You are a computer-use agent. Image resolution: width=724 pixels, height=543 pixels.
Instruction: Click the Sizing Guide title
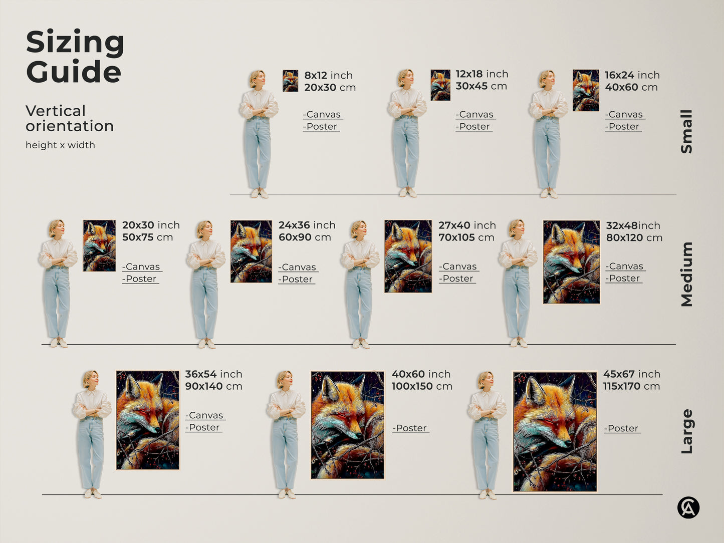click(x=75, y=57)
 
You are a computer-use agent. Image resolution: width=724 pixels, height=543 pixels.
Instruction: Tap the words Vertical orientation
click(x=70, y=118)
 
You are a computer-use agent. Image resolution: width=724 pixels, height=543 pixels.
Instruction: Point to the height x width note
click(x=60, y=145)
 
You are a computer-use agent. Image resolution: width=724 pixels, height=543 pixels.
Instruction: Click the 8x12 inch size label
click(x=328, y=75)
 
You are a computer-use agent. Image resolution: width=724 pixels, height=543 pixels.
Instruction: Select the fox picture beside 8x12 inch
click(x=290, y=81)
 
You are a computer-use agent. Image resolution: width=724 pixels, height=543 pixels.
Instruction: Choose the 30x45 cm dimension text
click(x=481, y=86)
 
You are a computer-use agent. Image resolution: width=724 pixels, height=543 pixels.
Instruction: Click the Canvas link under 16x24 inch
click(x=624, y=115)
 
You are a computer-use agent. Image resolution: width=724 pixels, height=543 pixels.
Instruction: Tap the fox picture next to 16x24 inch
click(x=586, y=90)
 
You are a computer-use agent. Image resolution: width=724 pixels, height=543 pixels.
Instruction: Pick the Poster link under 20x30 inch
click(x=140, y=279)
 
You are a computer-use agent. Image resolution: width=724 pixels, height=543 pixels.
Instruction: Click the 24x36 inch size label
click(x=307, y=225)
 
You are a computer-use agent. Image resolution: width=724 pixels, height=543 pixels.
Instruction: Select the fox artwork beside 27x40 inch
click(x=408, y=256)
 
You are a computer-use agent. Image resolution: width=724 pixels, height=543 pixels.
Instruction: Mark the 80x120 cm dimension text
click(x=634, y=238)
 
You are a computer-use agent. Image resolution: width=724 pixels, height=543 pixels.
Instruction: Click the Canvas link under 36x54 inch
click(x=205, y=416)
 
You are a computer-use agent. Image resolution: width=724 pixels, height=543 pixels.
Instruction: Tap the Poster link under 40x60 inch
click(x=410, y=428)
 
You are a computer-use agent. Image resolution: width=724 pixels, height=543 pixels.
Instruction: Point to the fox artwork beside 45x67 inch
click(x=555, y=431)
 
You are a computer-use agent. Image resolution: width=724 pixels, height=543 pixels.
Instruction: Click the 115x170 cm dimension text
click(x=631, y=386)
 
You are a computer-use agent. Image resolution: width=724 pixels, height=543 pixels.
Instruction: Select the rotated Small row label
click(x=686, y=132)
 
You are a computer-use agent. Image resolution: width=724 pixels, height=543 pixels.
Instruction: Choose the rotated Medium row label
click(x=686, y=274)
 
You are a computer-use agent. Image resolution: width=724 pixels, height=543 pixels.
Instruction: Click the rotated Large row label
click(x=686, y=431)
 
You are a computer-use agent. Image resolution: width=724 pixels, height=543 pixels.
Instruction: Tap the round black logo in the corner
click(x=688, y=508)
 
